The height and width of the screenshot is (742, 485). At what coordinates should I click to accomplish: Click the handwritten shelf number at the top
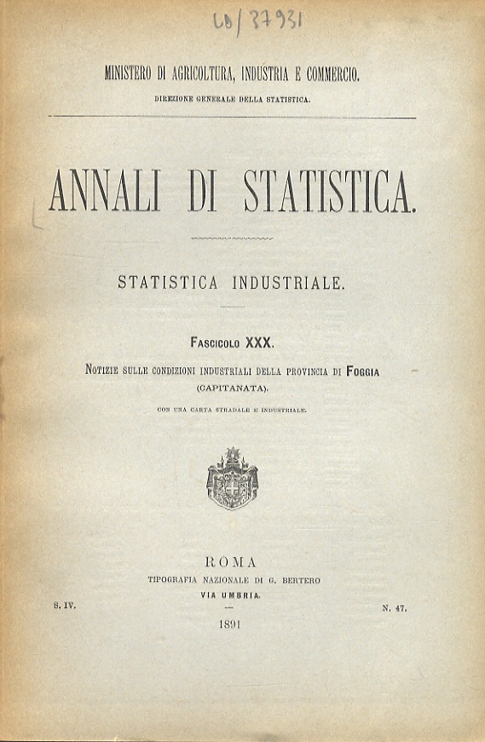(x=257, y=20)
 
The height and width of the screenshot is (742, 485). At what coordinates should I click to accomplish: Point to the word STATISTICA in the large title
(x=330, y=192)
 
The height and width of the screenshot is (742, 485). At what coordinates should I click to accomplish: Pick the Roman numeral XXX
(x=258, y=342)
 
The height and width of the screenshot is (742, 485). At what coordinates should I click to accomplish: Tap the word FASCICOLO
(x=217, y=342)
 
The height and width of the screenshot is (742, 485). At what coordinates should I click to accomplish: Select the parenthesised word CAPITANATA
(x=232, y=388)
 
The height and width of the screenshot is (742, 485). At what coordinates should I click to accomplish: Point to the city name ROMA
(x=232, y=561)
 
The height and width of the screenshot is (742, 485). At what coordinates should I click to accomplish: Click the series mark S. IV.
(x=65, y=606)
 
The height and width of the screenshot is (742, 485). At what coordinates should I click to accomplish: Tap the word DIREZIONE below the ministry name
(x=176, y=99)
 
